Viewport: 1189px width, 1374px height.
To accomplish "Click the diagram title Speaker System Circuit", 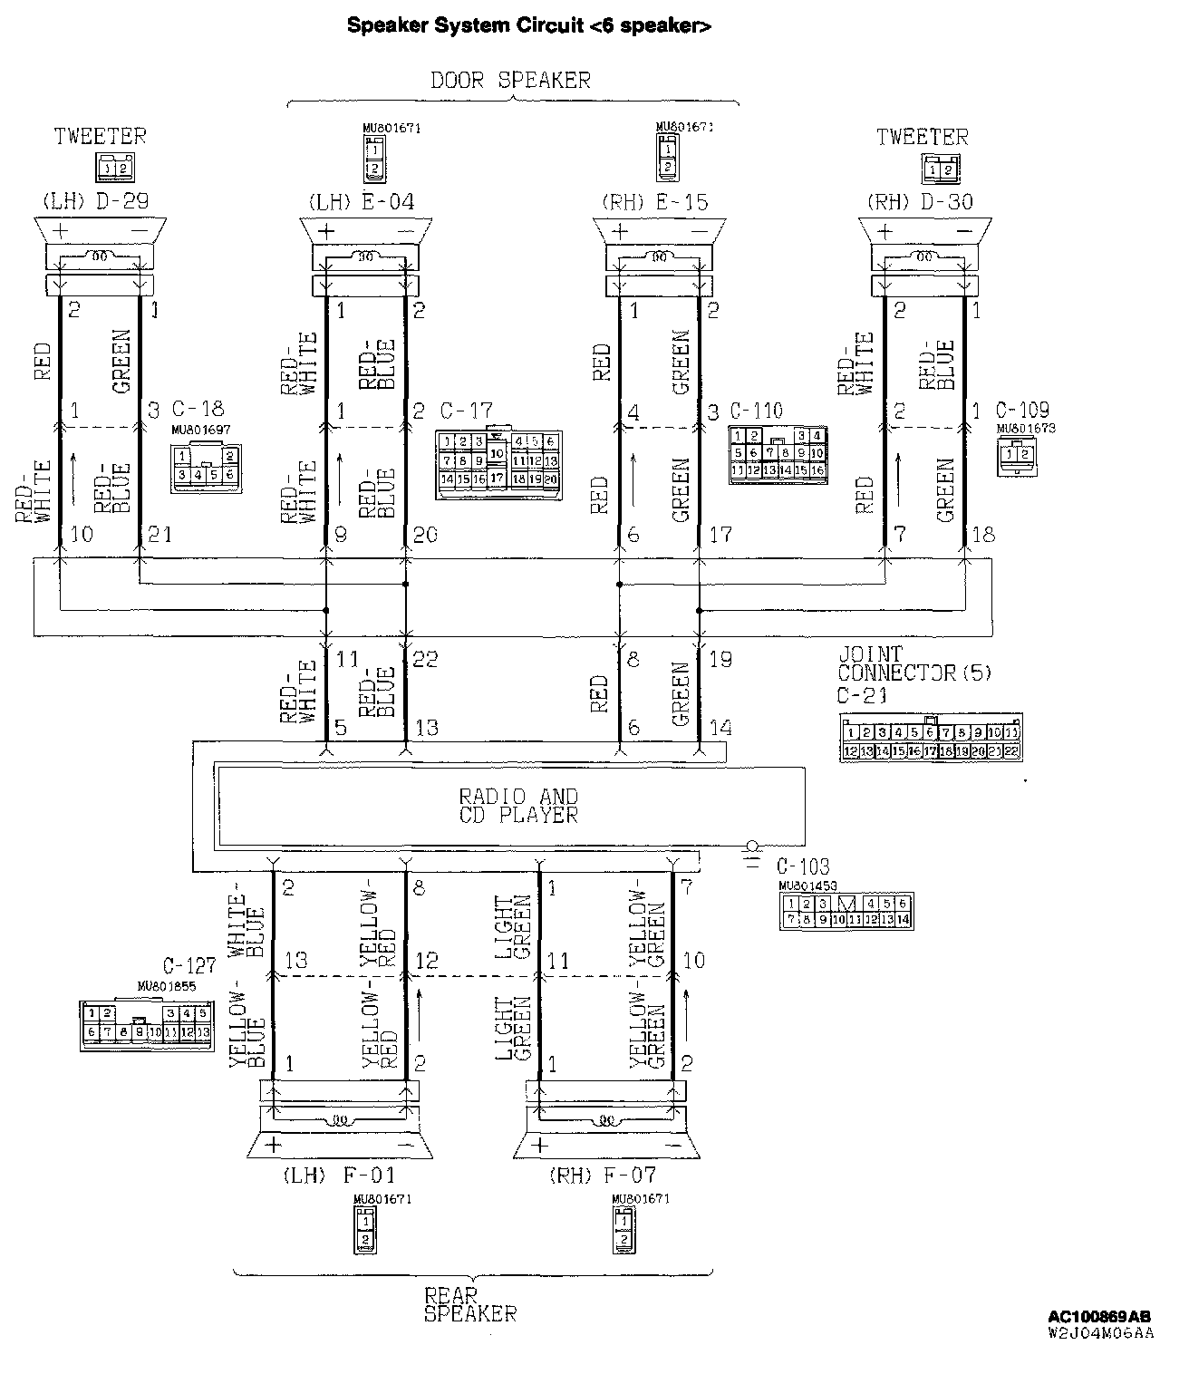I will pos(529,26).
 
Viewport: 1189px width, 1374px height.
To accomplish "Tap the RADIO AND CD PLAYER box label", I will pos(517,806).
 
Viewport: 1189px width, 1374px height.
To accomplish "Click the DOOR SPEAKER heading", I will pos(510,81).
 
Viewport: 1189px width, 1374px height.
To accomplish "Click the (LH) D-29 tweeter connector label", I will pos(95,201).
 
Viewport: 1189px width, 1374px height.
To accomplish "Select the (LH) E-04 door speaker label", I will pos(362,201).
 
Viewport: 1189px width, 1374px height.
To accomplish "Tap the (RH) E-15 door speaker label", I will pos(654,201).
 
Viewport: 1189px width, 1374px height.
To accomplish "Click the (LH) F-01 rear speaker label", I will pos(339,1176).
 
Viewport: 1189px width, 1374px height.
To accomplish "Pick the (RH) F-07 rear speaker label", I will pos(602,1176).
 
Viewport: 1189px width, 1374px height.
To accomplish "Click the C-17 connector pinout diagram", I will pos(498,464).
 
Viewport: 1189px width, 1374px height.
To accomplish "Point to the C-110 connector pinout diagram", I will pos(778,453).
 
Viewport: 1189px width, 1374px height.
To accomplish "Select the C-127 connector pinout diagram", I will pos(146,1024).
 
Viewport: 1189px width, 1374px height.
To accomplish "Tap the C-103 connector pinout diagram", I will pos(847,911).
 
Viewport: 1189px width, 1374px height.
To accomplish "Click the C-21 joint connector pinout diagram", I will pos(931,739).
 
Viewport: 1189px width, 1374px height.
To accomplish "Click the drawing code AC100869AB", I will pos(1099,1317).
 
